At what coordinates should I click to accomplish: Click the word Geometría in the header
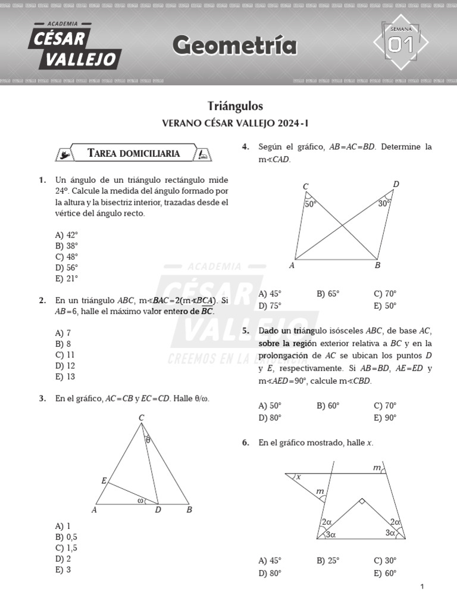[235, 45]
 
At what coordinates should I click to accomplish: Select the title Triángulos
[235, 106]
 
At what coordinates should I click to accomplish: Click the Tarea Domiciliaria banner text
[133, 153]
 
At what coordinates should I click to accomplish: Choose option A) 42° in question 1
[67, 235]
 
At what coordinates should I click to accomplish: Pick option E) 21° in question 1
[67, 278]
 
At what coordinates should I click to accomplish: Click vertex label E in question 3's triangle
[104, 480]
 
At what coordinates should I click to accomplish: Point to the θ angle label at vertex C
[148, 440]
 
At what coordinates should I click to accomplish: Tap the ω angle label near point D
[140, 500]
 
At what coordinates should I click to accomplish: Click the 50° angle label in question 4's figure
[311, 204]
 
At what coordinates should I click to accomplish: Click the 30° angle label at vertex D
[384, 203]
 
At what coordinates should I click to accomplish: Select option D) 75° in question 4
[270, 306]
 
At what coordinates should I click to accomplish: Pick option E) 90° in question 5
[385, 418]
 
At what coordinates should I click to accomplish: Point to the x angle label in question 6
[299, 477]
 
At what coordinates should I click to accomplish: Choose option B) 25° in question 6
[328, 561]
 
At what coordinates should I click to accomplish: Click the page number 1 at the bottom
[422, 587]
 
